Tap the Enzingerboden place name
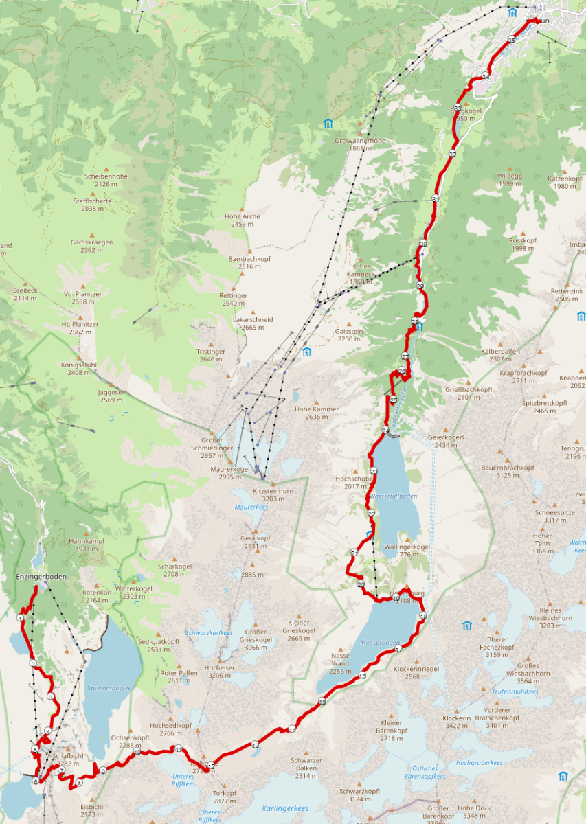pyautogui.click(x=41, y=577)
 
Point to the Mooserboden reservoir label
pyautogui.click(x=380, y=643)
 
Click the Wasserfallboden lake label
pyautogui.click(x=394, y=496)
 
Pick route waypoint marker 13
pyautogui.click(x=255, y=744)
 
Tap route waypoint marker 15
pyautogui.click(x=322, y=701)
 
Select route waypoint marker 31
pyautogui.click(x=436, y=198)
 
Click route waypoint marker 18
pyautogui.click(x=423, y=617)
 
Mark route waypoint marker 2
pyautogui.click(x=33, y=663)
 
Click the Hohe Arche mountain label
pyautogui.click(x=242, y=216)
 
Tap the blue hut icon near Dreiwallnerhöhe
pyautogui.click(x=328, y=124)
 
